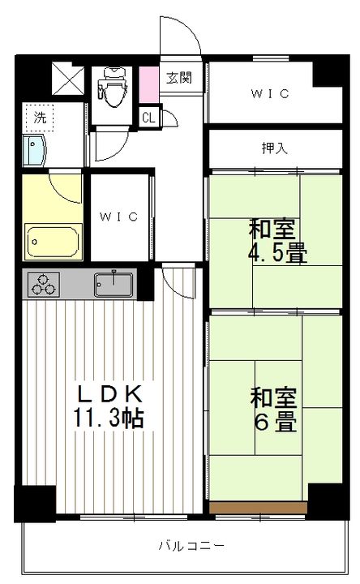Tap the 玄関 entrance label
(179, 78)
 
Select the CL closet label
(148, 118)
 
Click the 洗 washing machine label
(40, 118)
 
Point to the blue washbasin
(33, 150)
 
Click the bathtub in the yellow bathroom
(54, 242)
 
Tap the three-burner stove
(44, 285)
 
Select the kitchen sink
(114, 285)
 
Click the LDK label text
(109, 394)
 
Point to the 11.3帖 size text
(109, 418)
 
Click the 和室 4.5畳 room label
(277, 241)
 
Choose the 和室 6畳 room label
(274, 410)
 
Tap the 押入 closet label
(274, 148)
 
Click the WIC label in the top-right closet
(270, 93)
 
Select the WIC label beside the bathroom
(118, 217)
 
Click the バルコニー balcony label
(191, 546)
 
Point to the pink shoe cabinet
(149, 84)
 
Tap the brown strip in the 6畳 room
(258, 507)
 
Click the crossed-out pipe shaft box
(68, 78)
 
